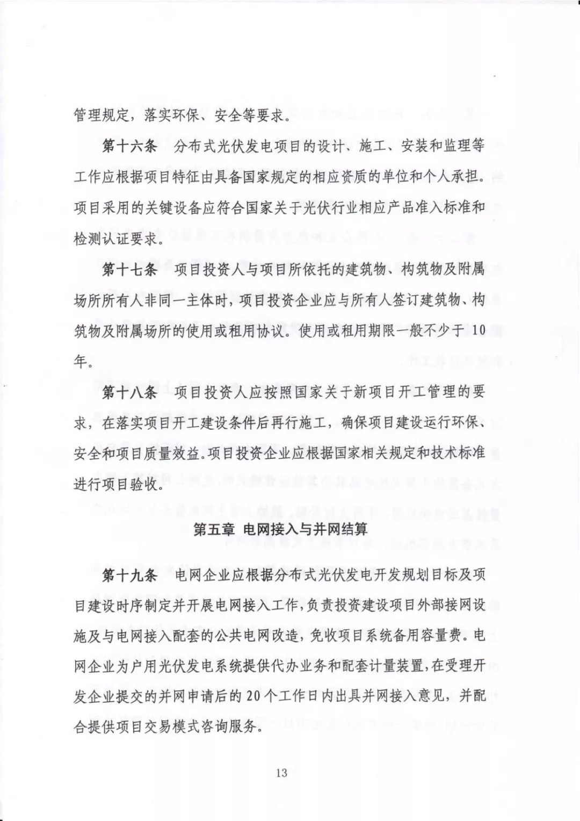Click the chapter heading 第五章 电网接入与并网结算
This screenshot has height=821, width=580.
coord(280,530)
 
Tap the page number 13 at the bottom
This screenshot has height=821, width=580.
coord(281,773)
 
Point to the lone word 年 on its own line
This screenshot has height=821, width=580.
coord(81,362)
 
